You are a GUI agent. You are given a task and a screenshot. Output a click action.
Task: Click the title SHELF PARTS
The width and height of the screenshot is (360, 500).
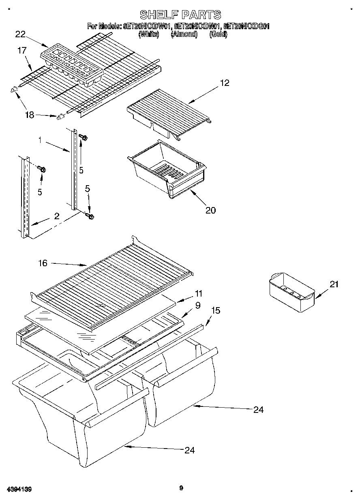[x=180, y=15]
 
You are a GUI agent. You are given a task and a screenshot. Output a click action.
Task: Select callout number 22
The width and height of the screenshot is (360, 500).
[x=21, y=34]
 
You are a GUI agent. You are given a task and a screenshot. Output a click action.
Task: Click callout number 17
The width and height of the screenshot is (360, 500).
[x=22, y=51]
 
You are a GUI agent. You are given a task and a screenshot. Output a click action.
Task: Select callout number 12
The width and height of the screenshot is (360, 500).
[x=225, y=83]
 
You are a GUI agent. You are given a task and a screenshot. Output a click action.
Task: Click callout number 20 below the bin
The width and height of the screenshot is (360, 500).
[x=211, y=210]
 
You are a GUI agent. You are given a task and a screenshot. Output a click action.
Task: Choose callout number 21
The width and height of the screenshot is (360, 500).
[x=334, y=284]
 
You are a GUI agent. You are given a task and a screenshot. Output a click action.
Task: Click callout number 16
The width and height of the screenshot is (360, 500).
[x=43, y=263]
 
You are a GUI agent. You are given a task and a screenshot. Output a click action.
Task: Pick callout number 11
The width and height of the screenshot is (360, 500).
[x=198, y=293]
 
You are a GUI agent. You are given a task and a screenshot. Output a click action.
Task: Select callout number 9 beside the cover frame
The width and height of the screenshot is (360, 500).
[x=197, y=306]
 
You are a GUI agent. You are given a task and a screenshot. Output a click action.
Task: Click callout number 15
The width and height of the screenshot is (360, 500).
[x=216, y=310]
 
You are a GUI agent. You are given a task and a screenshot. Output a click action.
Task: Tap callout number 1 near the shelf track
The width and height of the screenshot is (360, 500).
[x=40, y=140]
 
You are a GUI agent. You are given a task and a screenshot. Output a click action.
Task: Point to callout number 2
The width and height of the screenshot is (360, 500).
[x=57, y=216]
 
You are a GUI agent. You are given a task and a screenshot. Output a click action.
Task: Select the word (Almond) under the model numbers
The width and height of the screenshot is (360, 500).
[x=184, y=34]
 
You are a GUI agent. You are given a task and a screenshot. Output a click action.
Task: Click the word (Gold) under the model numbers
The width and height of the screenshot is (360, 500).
[x=219, y=34]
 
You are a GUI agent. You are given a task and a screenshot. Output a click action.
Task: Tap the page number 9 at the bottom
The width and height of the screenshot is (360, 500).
[x=181, y=488]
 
